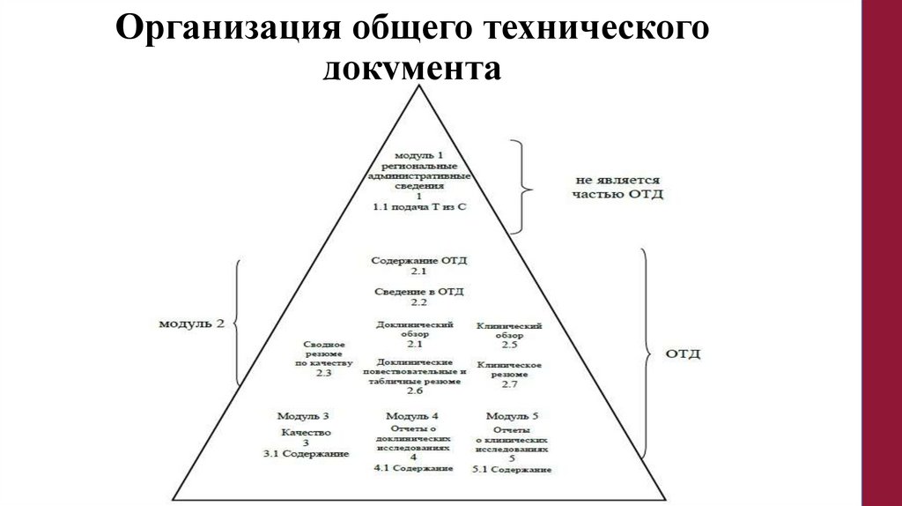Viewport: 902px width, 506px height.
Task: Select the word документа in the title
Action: tap(412, 68)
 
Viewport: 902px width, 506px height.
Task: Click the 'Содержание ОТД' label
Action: tap(418, 261)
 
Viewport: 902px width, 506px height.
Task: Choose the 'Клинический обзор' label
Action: tap(509, 331)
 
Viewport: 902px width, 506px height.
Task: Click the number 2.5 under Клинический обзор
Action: tap(509, 346)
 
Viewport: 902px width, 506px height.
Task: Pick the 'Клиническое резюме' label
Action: tap(509, 369)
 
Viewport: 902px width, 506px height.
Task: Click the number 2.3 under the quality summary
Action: tap(322, 373)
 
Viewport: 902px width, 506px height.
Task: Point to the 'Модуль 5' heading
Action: tap(511, 415)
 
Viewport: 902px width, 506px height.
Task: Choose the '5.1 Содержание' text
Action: tap(511, 469)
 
